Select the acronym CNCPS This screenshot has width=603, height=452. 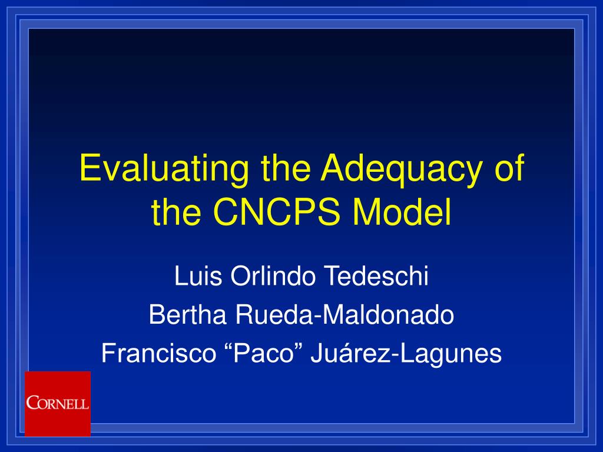pos(277,212)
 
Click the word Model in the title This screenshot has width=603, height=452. pos(402,212)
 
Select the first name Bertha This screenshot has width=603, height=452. pos(188,314)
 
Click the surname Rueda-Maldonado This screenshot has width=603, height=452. pos(344,314)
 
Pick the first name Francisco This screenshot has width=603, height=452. pos(159,353)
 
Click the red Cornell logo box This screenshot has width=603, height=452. pos(58,404)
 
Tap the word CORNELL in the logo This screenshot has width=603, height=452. pos(58,403)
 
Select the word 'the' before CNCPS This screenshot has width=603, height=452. pos(175,212)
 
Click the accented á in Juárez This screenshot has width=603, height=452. pos(347,353)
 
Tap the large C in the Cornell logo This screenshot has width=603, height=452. pos(32,403)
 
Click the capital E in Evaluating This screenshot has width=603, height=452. pos(90,168)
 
